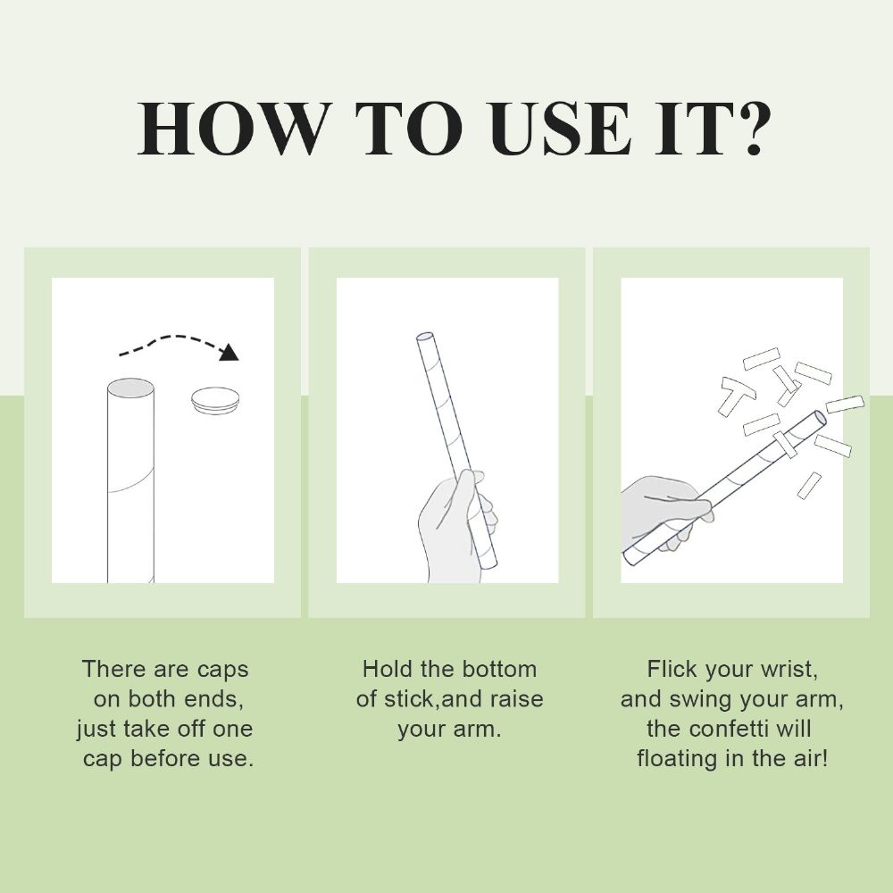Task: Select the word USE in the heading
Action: tap(561, 129)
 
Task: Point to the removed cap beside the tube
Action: tap(214, 400)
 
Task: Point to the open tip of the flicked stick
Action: tap(820, 417)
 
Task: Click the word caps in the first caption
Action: tap(222, 671)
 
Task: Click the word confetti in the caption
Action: tap(741, 729)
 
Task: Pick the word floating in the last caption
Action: tap(679, 758)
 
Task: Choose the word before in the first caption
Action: tap(160, 758)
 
